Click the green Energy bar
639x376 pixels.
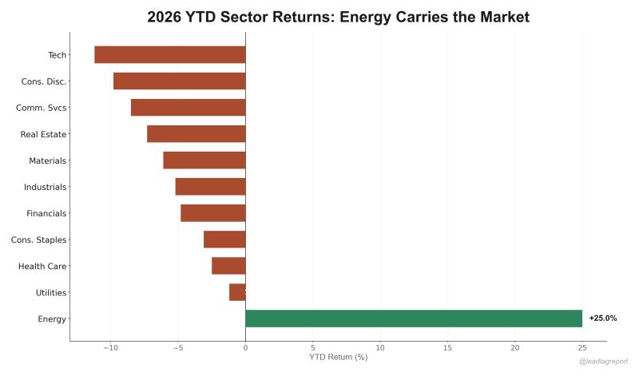pyautogui.click(x=413, y=319)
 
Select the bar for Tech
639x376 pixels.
pyautogui.click(x=169, y=54)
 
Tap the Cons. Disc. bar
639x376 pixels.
pyautogui.click(x=179, y=81)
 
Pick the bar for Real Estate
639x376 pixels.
pyautogui.click(x=196, y=133)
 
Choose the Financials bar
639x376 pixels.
pyautogui.click(x=212, y=213)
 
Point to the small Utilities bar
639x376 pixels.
pyautogui.click(x=237, y=292)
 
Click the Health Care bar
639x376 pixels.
pyautogui.click(x=228, y=266)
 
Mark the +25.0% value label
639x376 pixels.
pyautogui.click(x=603, y=319)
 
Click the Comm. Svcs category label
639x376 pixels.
pyautogui.click(x=42, y=108)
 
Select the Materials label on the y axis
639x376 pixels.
pyautogui.click(x=47, y=160)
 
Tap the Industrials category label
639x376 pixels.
pyautogui.click(x=46, y=187)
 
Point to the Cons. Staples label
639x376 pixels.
pyautogui.click(x=38, y=239)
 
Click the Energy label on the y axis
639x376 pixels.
pyautogui.click(x=52, y=319)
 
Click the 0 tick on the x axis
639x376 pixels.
pyautogui.click(x=245, y=348)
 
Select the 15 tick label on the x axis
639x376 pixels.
pyautogui.click(x=447, y=348)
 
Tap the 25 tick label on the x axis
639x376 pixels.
pyautogui.click(x=582, y=348)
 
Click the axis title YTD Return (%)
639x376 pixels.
pyautogui.click(x=338, y=357)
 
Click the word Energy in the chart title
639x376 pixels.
pyautogui.click(x=369, y=17)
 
